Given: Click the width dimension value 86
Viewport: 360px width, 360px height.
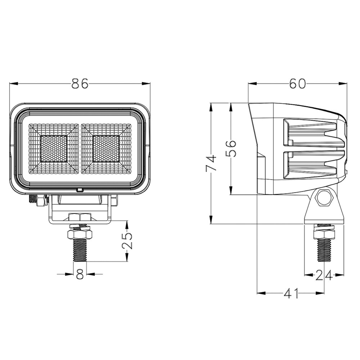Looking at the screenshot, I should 80,84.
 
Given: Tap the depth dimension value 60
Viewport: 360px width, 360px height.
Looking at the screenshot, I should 297,84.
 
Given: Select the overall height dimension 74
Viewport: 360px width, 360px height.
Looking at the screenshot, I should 211,163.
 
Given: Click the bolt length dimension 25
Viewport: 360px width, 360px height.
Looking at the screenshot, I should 127,241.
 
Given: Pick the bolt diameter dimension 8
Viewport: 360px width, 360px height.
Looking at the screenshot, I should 80,274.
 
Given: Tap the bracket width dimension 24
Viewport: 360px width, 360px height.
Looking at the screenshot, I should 324,275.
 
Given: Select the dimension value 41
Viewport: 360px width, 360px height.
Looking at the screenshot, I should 291,293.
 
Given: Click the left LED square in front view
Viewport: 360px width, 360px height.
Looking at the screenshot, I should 54,149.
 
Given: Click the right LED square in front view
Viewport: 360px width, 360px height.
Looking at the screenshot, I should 106,149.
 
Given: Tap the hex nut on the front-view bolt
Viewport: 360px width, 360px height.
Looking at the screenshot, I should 80,235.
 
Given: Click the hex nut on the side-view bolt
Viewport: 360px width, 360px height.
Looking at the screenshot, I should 324,234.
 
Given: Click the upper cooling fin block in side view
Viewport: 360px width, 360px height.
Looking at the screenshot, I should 313,133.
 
